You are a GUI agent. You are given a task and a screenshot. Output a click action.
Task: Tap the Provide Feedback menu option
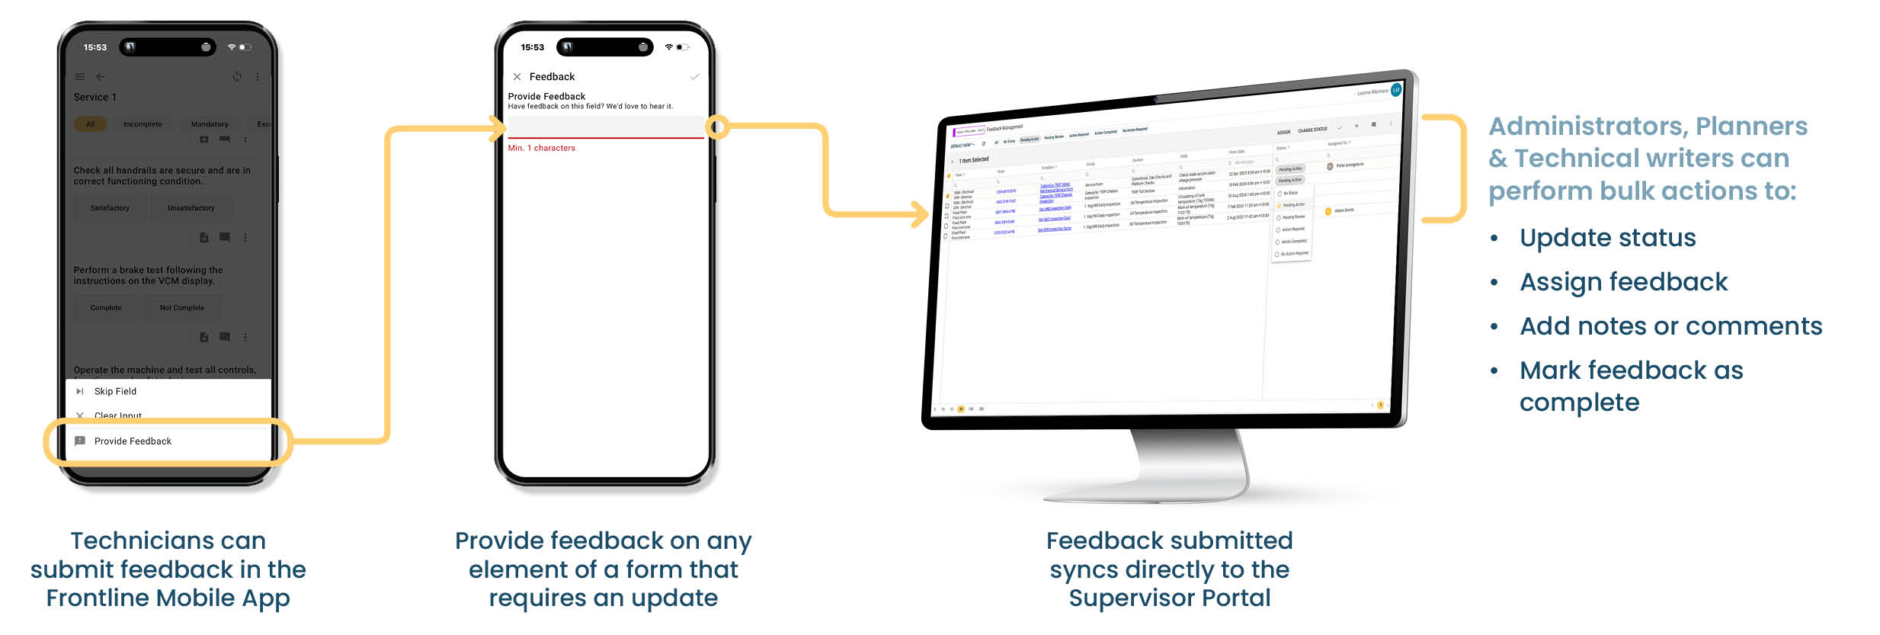click(x=133, y=441)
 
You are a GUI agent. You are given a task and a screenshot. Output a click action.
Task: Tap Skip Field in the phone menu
click(x=115, y=391)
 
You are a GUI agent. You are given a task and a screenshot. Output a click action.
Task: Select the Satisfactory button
click(x=110, y=208)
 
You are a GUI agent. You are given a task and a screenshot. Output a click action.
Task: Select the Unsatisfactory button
click(x=191, y=208)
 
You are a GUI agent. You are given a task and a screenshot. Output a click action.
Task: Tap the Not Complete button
click(x=182, y=308)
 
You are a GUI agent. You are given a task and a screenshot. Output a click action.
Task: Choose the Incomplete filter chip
click(x=143, y=124)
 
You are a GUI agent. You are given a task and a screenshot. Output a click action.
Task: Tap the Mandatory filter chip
click(x=210, y=124)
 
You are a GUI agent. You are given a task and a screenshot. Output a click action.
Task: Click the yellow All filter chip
click(x=91, y=124)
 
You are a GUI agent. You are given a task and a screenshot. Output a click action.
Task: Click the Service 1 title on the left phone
click(x=95, y=98)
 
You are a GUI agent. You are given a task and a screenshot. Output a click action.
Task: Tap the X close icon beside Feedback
click(x=517, y=77)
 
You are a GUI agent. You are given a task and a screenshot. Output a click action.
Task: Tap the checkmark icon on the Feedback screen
click(x=694, y=77)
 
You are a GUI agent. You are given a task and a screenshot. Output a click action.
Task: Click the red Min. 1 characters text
click(x=542, y=148)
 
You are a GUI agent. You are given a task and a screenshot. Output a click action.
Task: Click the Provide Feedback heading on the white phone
click(x=546, y=96)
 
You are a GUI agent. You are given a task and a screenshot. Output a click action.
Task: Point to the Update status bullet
click(x=1607, y=238)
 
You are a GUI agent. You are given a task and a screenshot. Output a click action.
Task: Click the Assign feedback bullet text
click(x=1623, y=282)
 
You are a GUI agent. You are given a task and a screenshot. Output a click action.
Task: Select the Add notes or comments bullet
click(x=1670, y=326)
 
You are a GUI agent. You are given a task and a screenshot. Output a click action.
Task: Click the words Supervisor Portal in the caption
click(x=1170, y=598)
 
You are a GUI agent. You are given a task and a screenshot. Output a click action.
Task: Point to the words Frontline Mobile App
click(x=168, y=598)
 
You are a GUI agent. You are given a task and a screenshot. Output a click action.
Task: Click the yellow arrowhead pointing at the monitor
click(x=920, y=214)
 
